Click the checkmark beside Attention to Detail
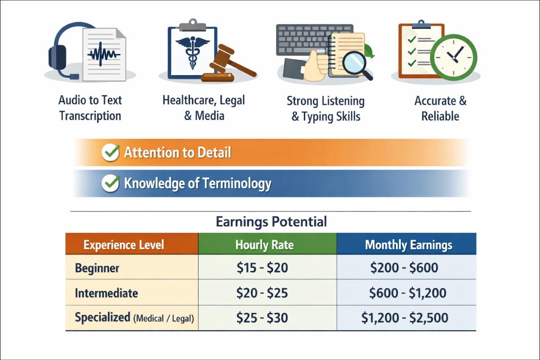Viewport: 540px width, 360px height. [110, 153]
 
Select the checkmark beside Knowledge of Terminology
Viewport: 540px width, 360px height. [110, 184]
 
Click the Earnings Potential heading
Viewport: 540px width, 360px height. [271, 221]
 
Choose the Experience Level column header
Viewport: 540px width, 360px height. [124, 245]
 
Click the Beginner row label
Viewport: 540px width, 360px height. [97, 268]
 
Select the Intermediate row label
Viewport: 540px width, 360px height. [106, 293]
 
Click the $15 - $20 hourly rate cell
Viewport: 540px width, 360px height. [262, 268]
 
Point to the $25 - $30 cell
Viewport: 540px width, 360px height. [262, 318]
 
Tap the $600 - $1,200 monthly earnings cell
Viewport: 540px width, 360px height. [407, 293]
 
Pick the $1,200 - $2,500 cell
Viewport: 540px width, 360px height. [405, 318]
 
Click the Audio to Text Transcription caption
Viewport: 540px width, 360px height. [90, 108]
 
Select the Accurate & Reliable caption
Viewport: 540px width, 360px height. [440, 108]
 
